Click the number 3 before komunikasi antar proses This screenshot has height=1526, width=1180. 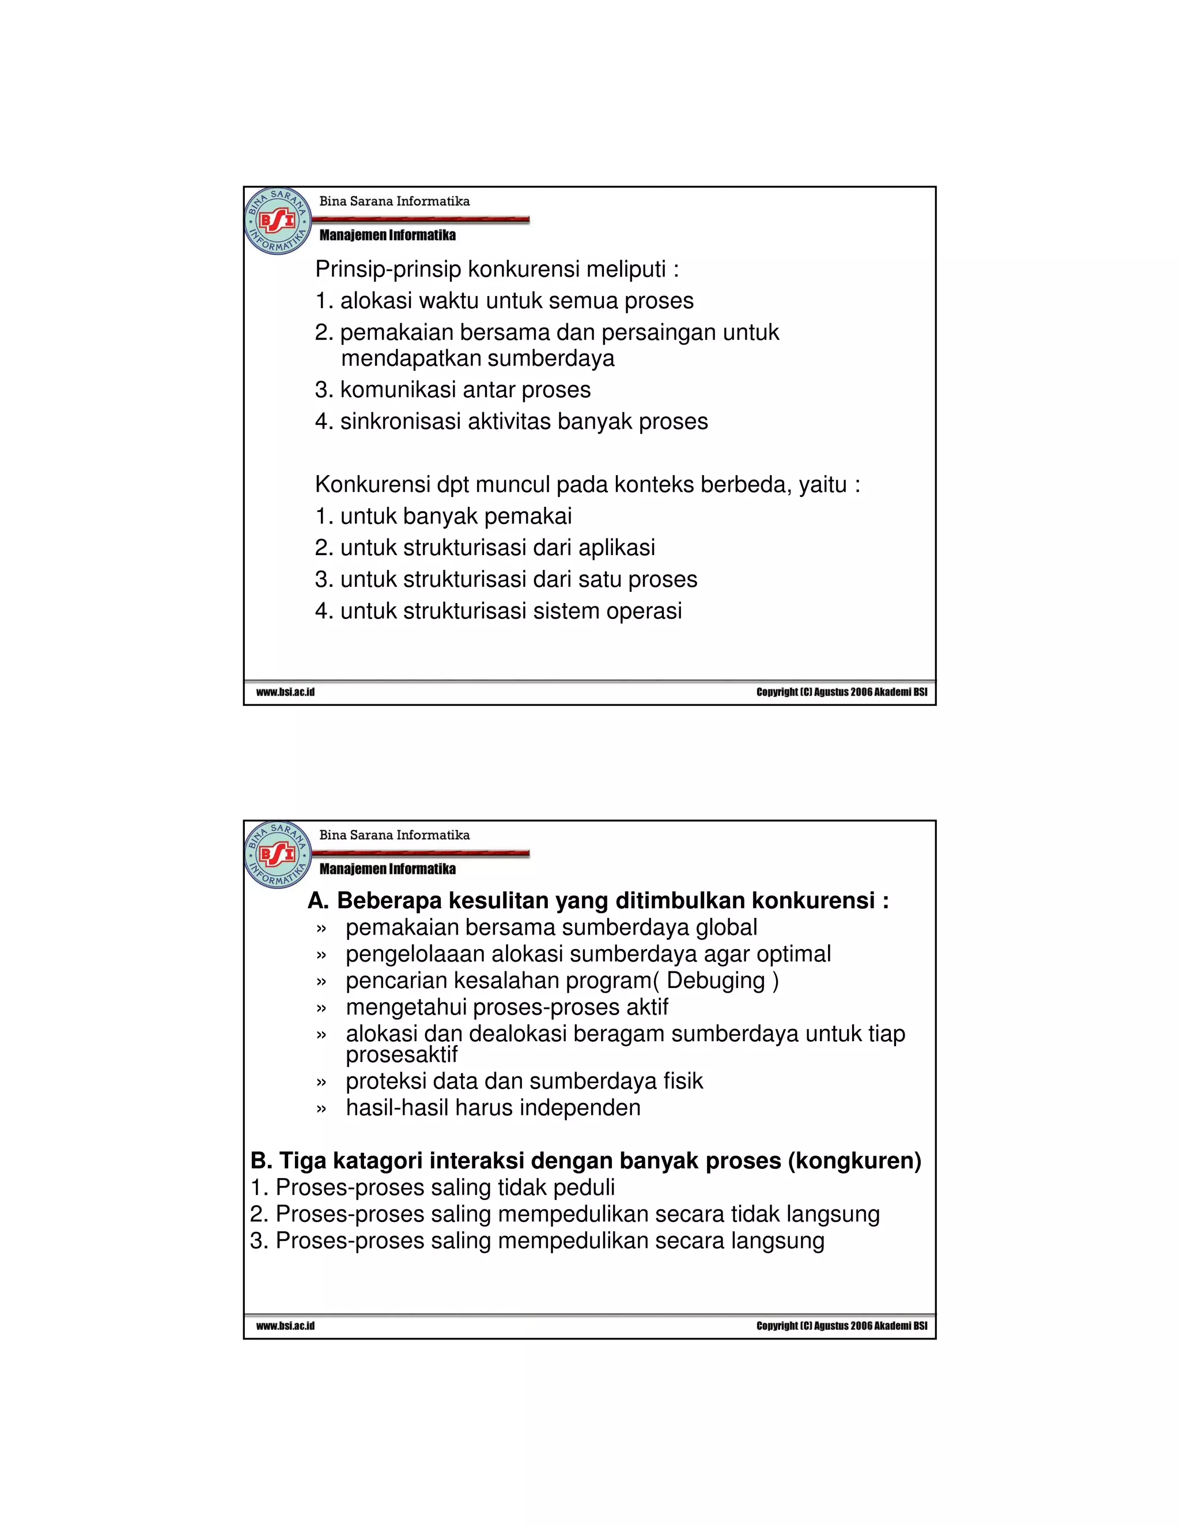coord(322,390)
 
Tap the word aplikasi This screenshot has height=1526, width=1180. coord(617,548)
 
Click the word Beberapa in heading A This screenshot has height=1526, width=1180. coord(389,901)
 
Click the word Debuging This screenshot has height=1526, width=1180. coord(716,981)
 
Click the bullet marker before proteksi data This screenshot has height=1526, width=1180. coord(321,1083)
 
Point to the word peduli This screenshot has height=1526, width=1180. coord(584,1188)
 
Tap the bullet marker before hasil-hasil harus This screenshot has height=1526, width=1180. coord(321,1110)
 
